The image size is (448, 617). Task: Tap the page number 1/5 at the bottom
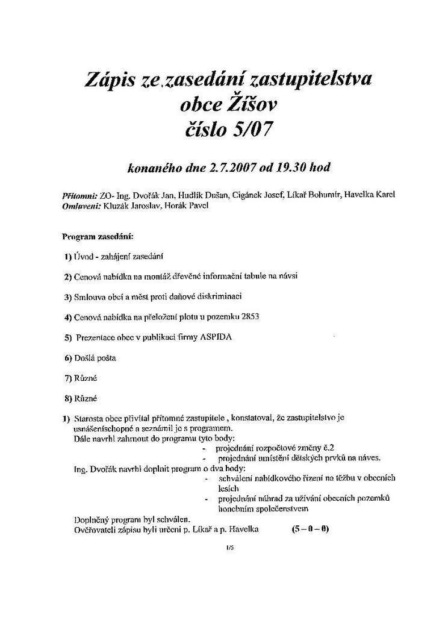click(x=229, y=548)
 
